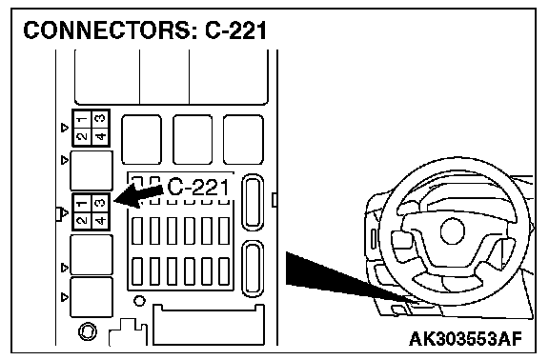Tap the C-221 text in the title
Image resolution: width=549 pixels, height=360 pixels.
point(236,30)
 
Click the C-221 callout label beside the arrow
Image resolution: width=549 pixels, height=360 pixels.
point(198,188)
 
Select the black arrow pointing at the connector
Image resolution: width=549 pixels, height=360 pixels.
point(139,196)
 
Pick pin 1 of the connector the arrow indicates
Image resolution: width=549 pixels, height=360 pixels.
point(82,203)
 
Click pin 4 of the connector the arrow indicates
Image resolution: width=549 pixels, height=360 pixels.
point(101,221)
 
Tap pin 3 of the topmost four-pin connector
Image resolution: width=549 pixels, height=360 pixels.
point(101,119)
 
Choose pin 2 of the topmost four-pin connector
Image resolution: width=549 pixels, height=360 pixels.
point(82,136)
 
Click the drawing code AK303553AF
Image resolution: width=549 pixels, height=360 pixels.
point(466,339)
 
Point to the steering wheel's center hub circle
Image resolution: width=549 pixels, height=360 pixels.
point(453,231)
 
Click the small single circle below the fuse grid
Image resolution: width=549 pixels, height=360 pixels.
point(139,301)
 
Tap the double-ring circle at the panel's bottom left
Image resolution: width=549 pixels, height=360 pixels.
point(88,331)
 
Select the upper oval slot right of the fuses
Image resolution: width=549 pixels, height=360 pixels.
point(253,202)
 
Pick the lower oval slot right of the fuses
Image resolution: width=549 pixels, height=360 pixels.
point(253,269)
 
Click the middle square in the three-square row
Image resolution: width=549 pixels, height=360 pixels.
point(193,139)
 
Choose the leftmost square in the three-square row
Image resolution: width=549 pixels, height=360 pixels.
point(141,139)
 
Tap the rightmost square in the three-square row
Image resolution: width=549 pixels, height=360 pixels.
point(243,139)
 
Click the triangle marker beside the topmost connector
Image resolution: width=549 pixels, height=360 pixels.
point(65,128)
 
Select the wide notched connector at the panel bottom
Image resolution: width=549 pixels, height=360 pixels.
point(209,325)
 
